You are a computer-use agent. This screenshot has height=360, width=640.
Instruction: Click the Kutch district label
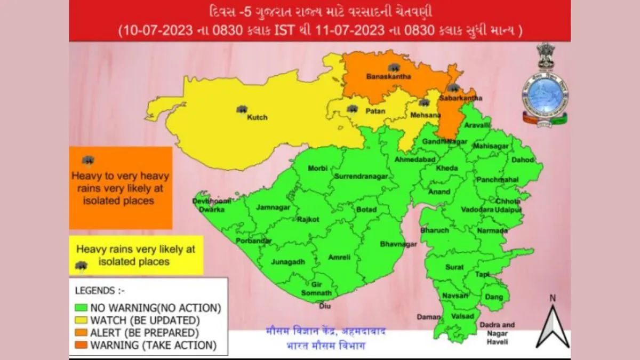coord(257,117)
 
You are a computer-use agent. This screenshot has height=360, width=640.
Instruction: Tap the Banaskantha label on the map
coord(383,77)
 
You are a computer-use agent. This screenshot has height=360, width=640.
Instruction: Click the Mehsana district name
coord(425,115)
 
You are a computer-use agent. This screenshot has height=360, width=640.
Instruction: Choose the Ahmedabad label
coord(415,160)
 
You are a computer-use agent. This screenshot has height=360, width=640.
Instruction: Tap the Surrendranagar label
coord(361,177)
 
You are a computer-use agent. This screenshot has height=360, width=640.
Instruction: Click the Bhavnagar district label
coord(398,244)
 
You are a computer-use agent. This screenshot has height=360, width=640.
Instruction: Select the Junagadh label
coord(288,262)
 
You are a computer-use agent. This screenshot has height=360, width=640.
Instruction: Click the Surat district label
coord(454,267)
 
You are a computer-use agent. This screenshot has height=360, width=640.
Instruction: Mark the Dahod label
coord(523,159)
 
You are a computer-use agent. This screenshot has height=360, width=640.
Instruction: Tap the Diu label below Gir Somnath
coord(324,306)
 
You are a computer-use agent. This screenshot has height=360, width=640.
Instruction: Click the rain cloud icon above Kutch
coord(242,109)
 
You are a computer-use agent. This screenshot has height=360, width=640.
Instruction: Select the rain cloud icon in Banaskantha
coord(395,67)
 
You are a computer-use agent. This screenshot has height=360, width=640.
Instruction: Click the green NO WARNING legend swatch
coord(81,308)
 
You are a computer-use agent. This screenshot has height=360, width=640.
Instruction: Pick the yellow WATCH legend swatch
coord(81,320)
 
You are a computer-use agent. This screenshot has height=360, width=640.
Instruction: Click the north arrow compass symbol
coord(553,323)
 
